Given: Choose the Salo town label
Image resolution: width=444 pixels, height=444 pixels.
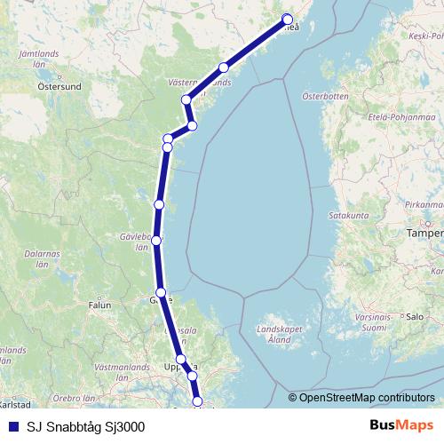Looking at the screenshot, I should [414, 316].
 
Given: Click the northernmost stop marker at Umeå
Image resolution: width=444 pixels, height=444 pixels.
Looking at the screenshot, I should [288, 20].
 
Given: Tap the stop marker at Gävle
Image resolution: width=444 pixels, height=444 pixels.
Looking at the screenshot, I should [161, 292].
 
